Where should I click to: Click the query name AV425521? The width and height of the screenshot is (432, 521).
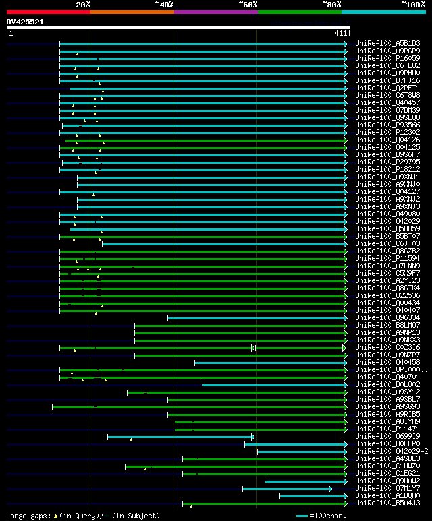tap(25, 22)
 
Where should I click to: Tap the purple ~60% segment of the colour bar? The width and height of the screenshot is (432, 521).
tap(215, 11)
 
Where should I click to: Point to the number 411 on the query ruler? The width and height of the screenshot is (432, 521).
tap(340, 33)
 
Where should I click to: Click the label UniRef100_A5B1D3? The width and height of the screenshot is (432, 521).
tap(387, 44)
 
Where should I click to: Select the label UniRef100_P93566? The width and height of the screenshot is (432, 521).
tap(387, 125)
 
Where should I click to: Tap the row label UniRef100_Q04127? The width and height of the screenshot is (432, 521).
tap(387, 192)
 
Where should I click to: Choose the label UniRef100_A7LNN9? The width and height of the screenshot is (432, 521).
tap(387, 266)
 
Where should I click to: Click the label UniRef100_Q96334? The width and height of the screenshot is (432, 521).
tap(387, 318)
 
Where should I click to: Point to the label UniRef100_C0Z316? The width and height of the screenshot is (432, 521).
tap(387, 348)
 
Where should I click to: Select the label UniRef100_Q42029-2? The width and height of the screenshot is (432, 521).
tap(390, 452)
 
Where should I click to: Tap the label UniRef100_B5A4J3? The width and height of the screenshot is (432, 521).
tap(387, 503)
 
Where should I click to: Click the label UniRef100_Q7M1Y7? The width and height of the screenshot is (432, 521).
tap(387, 489)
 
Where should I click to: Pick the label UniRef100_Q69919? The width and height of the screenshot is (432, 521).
tap(387, 437)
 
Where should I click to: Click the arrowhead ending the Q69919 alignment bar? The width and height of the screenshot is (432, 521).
tap(252, 437)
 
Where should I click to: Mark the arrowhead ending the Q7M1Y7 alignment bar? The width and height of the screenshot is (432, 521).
tap(330, 489)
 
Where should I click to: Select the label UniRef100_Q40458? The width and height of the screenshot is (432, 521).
tap(387, 363)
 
